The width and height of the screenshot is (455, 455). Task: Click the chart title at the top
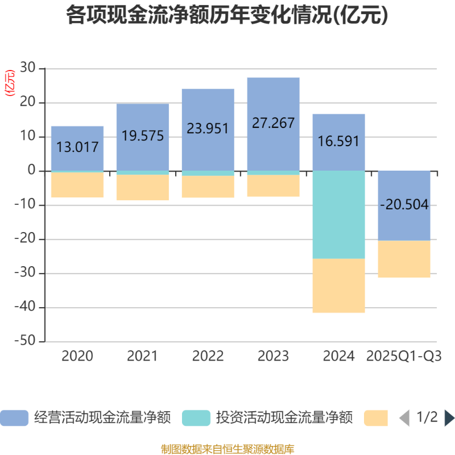[x=227, y=15]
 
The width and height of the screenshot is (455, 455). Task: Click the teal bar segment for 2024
[x=338, y=215]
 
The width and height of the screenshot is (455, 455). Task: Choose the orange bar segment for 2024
[x=338, y=286]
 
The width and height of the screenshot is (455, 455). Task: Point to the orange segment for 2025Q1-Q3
[x=404, y=259]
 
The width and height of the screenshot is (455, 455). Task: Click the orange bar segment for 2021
[x=143, y=188]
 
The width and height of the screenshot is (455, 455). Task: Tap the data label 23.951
[x=208, y=129]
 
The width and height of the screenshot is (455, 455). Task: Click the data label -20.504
[x=404, y=205]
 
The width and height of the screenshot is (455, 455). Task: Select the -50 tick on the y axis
[x=25, y=342]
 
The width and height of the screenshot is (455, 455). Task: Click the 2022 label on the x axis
[x=208, y=357]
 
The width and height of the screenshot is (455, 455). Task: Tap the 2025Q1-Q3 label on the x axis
[x=404, y=357]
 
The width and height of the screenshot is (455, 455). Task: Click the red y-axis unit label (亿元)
[x=10, y=83]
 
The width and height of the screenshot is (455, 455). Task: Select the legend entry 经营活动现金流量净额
[x=85, y=418]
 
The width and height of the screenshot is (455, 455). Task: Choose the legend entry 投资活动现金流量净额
[x=267, y=418]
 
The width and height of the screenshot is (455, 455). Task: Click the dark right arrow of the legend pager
[x=449, y=418]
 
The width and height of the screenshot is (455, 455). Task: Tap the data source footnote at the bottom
[x=227, y=449]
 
